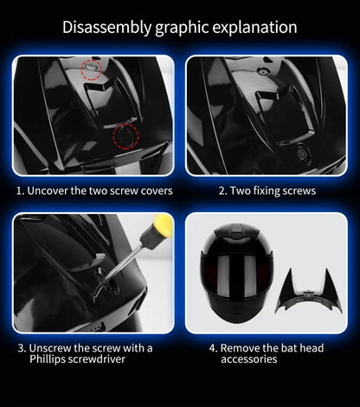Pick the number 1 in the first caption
18,191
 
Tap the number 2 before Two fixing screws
221,191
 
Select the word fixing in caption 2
272,191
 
